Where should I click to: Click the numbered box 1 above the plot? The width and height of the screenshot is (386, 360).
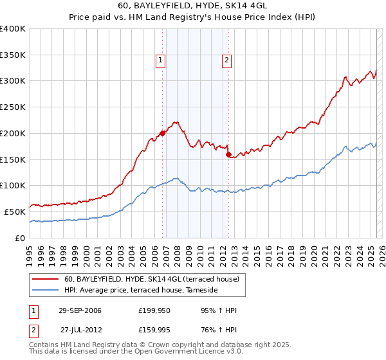(160, 61)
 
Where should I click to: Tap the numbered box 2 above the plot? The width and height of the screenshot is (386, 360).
(227, 61)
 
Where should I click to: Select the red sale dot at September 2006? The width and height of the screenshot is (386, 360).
(162, 133)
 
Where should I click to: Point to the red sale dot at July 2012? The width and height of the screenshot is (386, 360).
(228, 154)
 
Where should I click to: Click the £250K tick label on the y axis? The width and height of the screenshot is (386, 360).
(13, 107)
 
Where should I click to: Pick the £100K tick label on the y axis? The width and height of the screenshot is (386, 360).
(13, 186)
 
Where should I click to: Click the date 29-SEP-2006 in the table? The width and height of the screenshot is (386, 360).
(80, 311)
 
